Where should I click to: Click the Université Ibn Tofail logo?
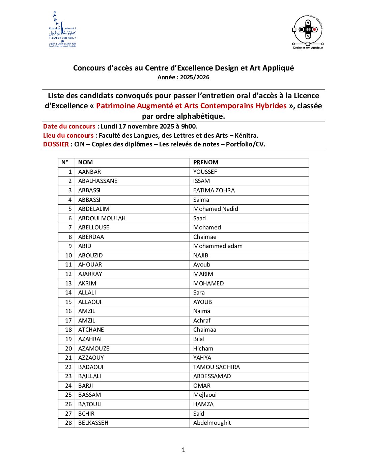point(62,30)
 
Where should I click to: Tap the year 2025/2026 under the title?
point(195,77)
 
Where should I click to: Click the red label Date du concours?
point(69,127)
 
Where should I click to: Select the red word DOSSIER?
point(56,144)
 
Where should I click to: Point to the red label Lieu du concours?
point(68,136)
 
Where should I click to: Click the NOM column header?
point(85,163)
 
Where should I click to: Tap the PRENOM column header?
point(206,163)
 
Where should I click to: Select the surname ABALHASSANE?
point(98,181)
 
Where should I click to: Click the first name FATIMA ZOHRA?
point(214,190)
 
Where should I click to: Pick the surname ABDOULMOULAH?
point(102,218)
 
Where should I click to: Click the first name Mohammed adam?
point(218,246)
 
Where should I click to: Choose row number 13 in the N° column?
point(68,283)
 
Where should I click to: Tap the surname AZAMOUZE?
point(94,348)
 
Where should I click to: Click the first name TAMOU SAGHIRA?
point(217,367)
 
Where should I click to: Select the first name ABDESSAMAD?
point(212,376)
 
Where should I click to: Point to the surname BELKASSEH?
point(93,423)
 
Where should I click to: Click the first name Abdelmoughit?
point(212,423)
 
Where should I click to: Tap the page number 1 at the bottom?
point(183,450)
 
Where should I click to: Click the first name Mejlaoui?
point(205,395)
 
